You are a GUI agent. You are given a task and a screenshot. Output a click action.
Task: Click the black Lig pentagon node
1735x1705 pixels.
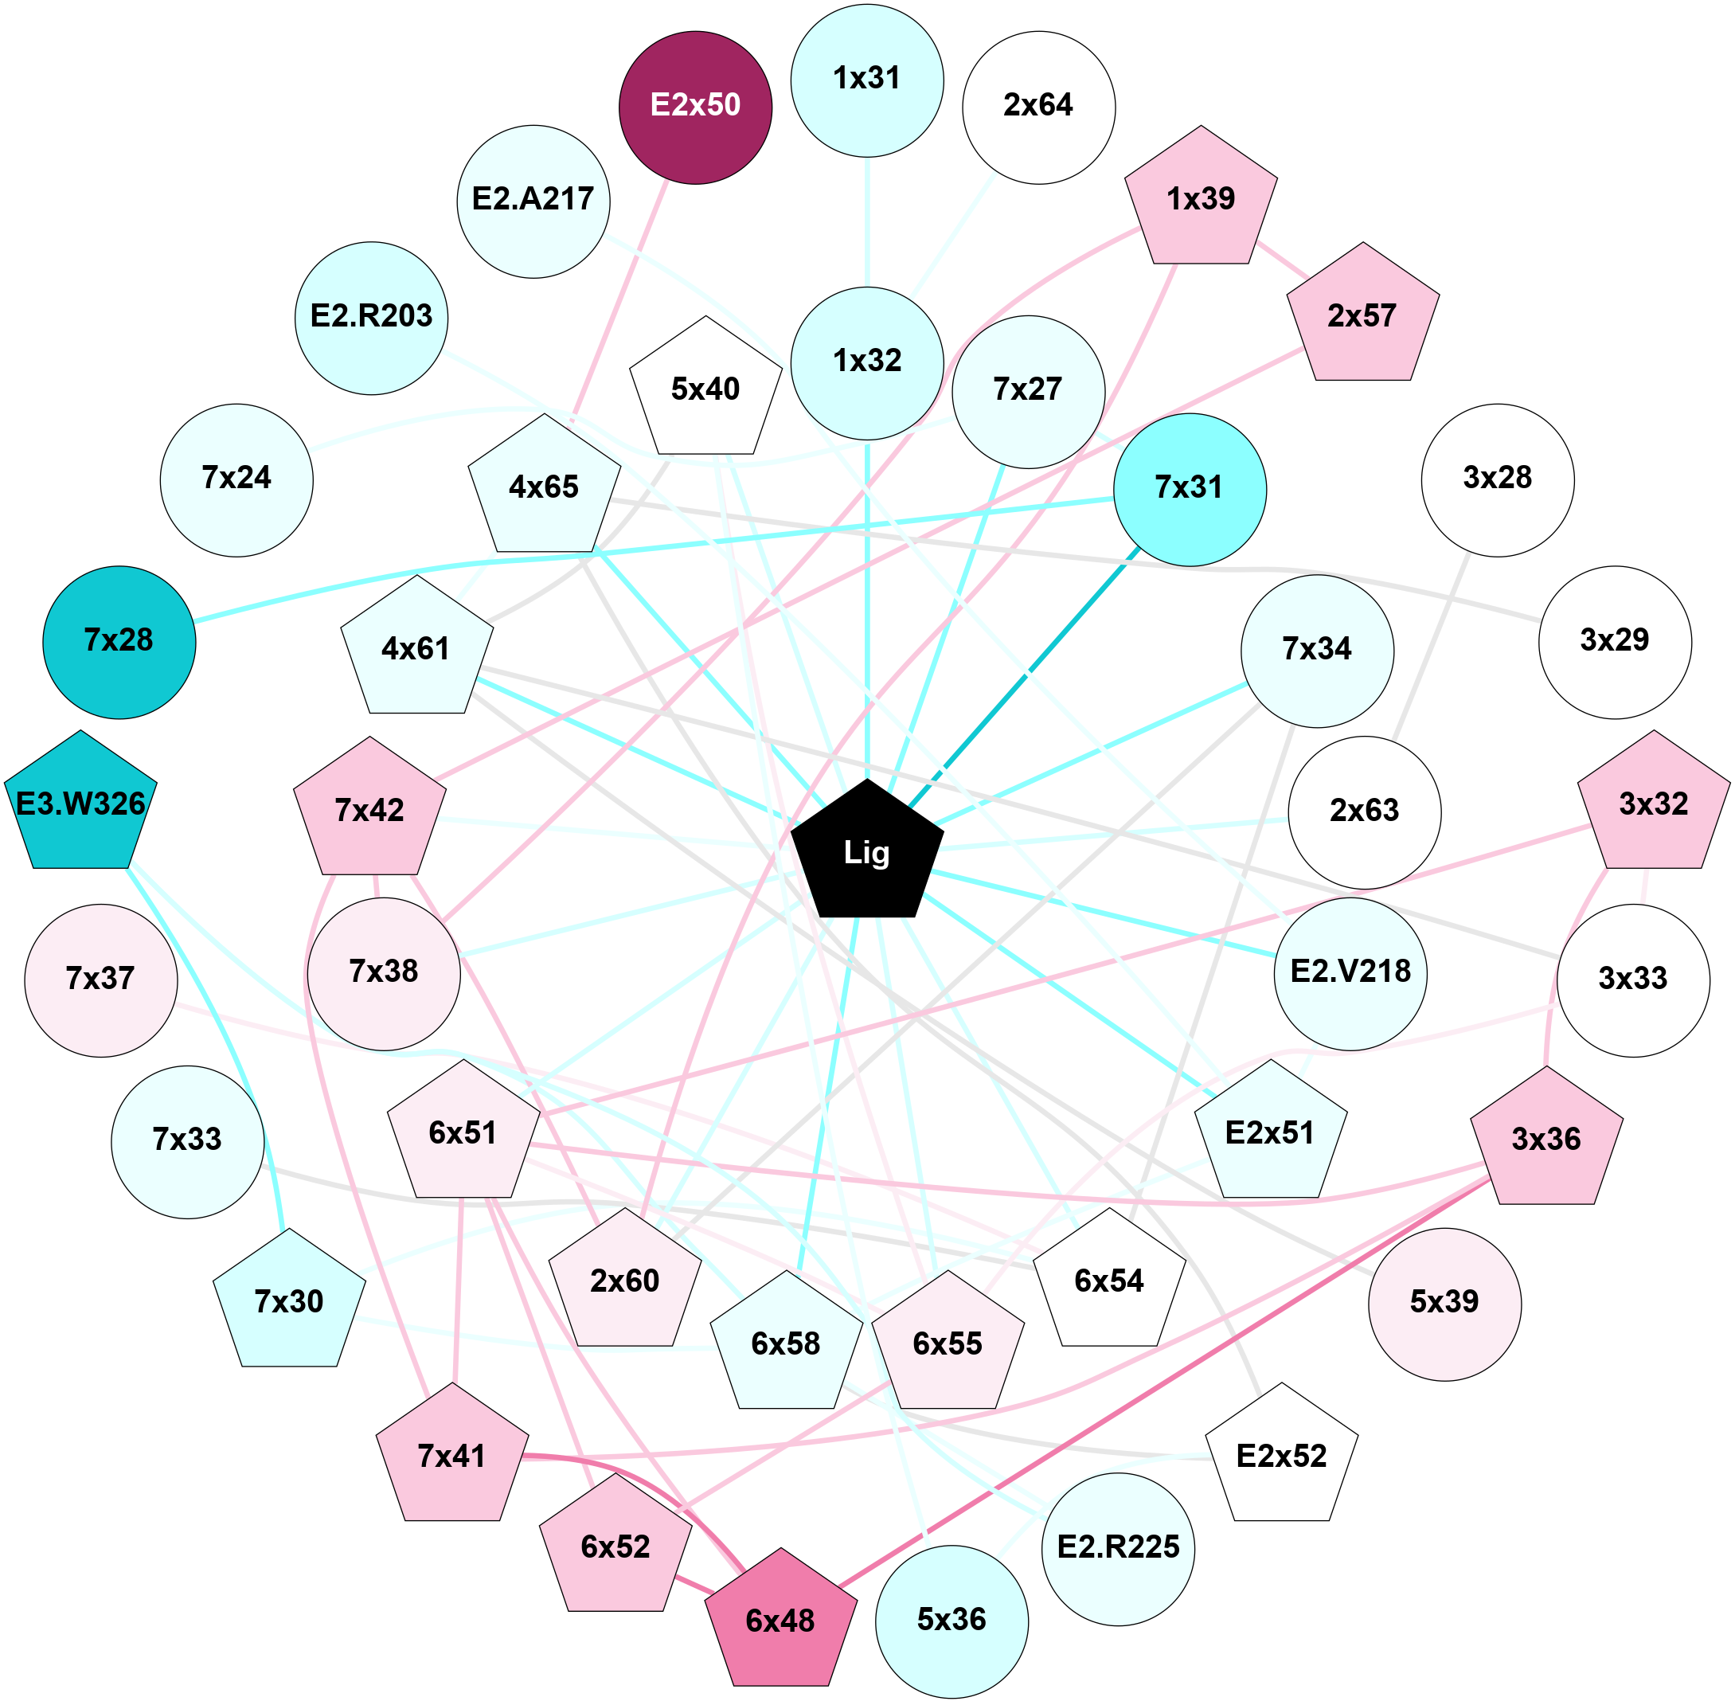866,851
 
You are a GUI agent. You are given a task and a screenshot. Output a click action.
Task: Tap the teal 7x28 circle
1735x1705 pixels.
119,642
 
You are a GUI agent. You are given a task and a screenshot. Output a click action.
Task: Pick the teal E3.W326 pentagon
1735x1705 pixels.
80,804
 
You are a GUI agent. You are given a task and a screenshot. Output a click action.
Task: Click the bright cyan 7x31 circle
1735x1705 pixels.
1189,489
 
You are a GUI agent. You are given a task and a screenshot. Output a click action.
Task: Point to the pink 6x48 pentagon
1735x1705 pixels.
780,1621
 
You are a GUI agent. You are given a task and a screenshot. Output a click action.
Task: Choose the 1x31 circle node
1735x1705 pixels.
866,80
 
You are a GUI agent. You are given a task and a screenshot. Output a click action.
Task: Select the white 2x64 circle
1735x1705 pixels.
1038,108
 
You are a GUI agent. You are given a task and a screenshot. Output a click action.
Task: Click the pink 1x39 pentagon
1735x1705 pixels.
1201,200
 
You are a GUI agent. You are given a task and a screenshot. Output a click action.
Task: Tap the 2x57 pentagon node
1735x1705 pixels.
1362,316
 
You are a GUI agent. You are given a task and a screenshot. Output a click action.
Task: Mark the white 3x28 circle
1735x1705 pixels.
1497,480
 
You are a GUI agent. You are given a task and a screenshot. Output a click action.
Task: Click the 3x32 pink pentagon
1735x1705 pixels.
1654,804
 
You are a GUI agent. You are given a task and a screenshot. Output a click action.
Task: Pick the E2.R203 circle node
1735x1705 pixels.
372,317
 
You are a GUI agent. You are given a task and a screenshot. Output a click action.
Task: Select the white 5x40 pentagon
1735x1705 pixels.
705,389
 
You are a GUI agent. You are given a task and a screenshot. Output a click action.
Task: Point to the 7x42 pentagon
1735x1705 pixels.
369,811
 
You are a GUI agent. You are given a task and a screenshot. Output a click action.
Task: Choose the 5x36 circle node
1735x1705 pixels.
952,1621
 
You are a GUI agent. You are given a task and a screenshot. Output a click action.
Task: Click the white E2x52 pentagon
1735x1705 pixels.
1281,1457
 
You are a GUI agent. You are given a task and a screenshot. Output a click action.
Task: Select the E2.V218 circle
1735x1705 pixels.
1350,973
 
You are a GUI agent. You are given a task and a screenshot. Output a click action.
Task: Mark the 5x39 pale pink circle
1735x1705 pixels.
1444,1302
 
